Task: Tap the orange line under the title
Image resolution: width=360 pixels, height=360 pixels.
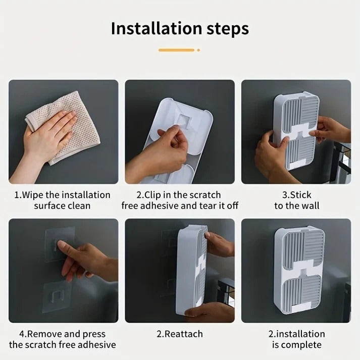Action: coord(176,50)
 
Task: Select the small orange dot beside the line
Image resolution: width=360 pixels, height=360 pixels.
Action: coord(198,50)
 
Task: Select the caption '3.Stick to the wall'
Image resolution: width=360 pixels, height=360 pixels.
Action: coord(296,200)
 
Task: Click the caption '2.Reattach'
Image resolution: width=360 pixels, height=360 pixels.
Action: coord(180,334)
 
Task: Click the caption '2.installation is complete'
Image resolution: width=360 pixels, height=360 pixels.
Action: coord(296,339)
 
